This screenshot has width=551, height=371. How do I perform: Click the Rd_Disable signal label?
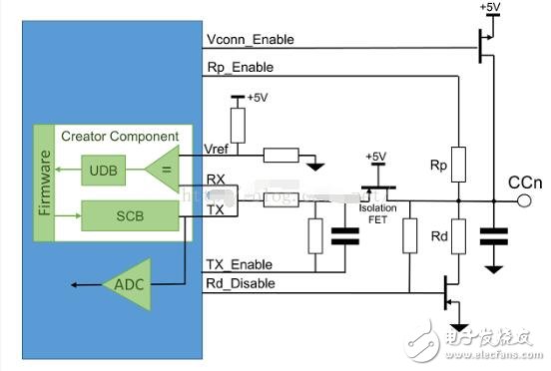pos(239,283)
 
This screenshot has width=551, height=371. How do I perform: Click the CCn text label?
pos(525,183)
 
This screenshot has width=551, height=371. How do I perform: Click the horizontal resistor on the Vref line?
pos(280,154)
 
